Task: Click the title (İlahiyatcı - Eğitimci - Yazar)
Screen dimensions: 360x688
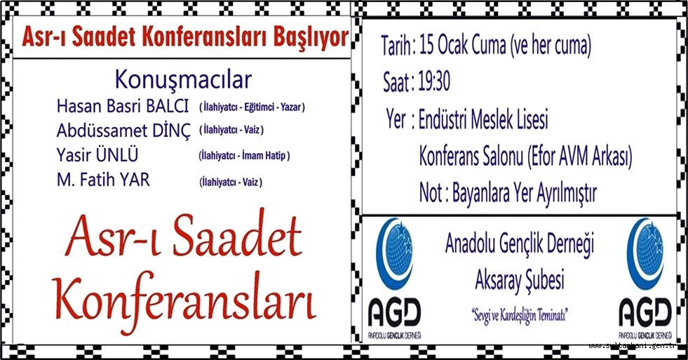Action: (252, 107)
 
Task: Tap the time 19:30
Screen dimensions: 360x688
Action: (435, 83)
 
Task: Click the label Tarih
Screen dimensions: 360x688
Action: (398, 46)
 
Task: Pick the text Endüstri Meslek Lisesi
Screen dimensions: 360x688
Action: (483, 120)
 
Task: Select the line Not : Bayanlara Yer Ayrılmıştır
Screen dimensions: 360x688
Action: (508, 193)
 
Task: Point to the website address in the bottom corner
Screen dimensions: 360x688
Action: (635, 346)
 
